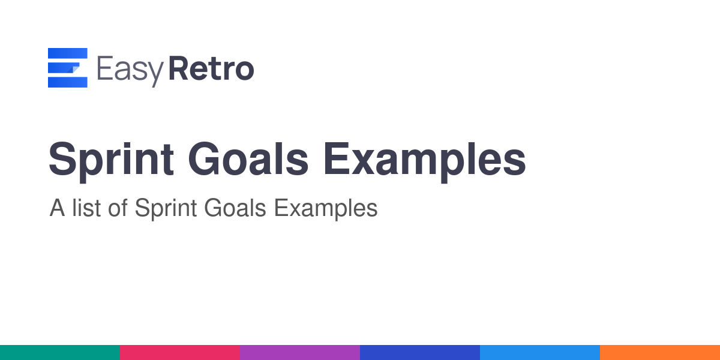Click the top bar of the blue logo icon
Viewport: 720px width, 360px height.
[67, 53]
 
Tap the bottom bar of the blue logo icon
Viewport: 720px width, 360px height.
[67, 82]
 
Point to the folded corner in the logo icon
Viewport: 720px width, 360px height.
[74, 69]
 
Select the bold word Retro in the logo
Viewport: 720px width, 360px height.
[211, 68]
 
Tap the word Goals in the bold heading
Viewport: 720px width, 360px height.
[248, 159]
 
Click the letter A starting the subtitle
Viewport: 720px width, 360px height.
[57, 208]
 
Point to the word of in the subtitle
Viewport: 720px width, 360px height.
[118, 208]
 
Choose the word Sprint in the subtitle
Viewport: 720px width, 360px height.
[166, 209]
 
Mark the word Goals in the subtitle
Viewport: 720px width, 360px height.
[235, 208]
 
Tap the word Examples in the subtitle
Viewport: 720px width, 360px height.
[326, 209]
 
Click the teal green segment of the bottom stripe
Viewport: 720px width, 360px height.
[60, 353]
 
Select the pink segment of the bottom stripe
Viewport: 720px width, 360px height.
[180, 353]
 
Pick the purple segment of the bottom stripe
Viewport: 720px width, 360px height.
[300, 353]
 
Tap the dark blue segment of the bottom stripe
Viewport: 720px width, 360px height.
[420, 353]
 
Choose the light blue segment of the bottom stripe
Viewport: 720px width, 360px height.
[540, 353]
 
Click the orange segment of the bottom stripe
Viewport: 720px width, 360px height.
[660, 353]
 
